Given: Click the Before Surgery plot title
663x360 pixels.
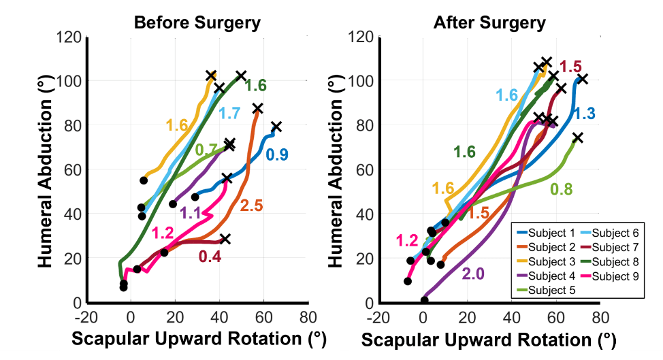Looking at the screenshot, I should pyautogui.click(x=197, y=22).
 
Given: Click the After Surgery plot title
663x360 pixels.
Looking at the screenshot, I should pyautogui.click(x=490, y=22).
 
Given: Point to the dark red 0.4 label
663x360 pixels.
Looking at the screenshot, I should pyautogui.click(x=209, y=257).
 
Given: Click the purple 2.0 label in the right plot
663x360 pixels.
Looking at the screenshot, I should pyautogui.click(x=474, y=274).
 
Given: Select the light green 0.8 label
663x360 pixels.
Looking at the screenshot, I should pyautogui.click(x=562, y=189).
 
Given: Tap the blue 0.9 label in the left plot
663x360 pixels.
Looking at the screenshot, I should pyautogui.click(x=277, y=154).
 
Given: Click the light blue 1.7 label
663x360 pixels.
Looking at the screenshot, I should pyautogui.click(x=229, y=113).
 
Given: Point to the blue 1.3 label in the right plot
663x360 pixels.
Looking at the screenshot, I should pyautogui.click(x=585, y=114).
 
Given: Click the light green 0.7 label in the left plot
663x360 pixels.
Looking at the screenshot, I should pyautogui.click(x=206, y=150).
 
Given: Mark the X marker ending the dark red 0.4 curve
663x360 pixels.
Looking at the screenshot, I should pyautogui.click(x=225, y=239).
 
